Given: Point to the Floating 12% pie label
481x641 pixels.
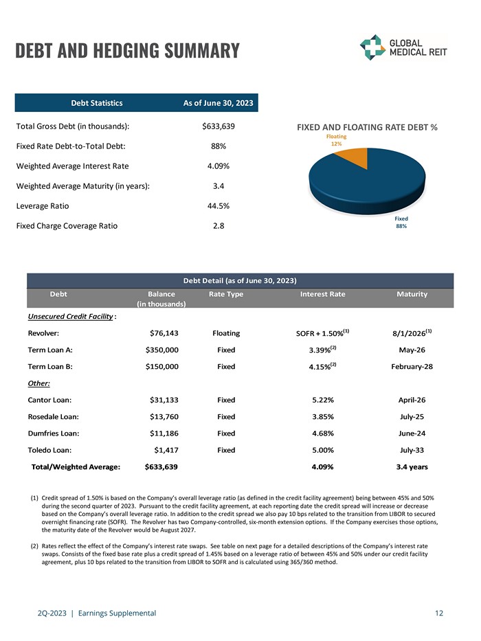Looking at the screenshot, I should click(336, 140).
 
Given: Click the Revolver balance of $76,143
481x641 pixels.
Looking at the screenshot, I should click(164, 333).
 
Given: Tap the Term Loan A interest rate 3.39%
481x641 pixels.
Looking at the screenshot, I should click(321, 350).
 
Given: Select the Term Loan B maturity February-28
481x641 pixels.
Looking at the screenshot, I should click(412, 367).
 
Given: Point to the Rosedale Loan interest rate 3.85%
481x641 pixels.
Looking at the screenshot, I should click(322, 416).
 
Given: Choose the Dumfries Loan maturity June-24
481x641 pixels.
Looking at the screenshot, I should click(412, 434).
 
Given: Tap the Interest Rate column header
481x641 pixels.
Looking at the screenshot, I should click(323, 294).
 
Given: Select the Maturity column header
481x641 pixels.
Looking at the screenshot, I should click(412, 294).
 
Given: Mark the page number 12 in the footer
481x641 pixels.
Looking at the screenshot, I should click(439, 613).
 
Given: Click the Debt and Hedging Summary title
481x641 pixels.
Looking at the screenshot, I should click(127, 51).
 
